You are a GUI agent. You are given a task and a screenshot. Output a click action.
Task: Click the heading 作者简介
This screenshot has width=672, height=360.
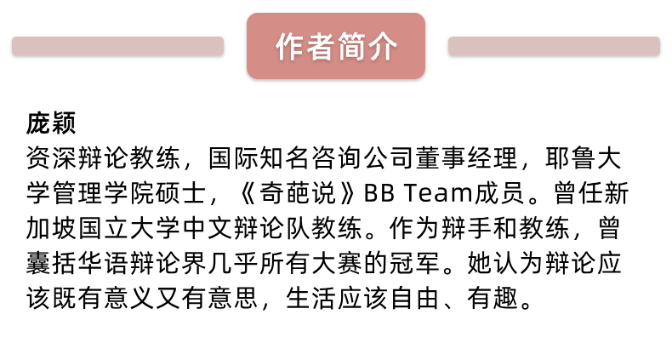point(335,47)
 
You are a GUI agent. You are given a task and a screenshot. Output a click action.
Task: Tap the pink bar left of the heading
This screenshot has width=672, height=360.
point(117,47)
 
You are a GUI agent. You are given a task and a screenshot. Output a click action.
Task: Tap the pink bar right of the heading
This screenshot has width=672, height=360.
point(554,47)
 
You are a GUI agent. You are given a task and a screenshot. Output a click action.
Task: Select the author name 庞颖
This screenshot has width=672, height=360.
point(52,124)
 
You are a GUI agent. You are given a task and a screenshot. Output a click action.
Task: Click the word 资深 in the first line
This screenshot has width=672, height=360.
point(52,159)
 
